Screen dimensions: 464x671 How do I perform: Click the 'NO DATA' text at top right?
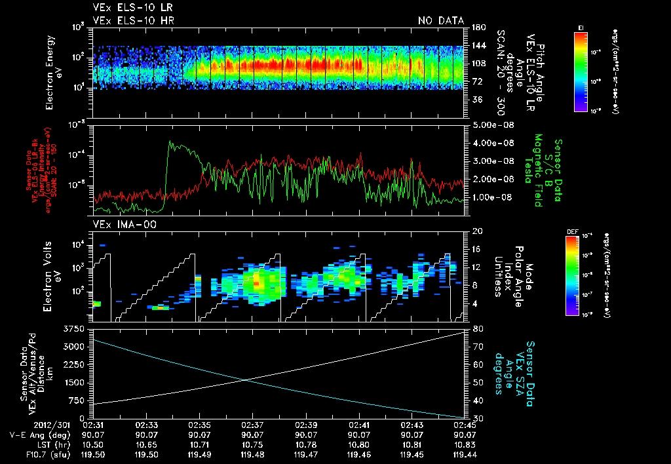click(440, 20)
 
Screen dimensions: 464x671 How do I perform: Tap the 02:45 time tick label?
click(463, 425)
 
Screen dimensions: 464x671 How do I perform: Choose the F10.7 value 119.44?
click(463, 453)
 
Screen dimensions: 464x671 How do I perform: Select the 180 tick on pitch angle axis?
click(476, 28)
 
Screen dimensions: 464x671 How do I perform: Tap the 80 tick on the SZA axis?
click(476, 328)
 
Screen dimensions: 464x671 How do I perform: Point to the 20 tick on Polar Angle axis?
click(476, 231)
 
